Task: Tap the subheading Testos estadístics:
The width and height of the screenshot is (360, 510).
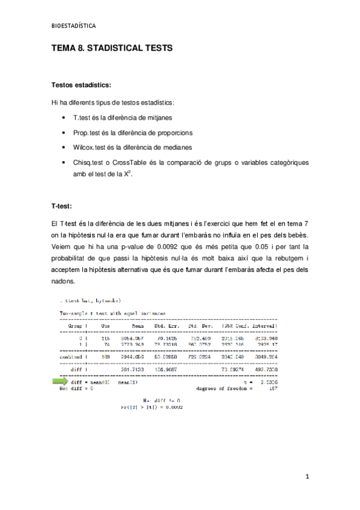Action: point(81,85)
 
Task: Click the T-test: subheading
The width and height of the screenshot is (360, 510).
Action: point(62,206)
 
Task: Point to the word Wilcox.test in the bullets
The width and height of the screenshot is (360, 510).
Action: point(90,147)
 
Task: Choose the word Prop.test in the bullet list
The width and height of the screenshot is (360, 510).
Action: point(88,132)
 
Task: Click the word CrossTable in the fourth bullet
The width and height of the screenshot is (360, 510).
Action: point(131,162)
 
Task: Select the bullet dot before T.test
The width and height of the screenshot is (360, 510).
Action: point(65,118)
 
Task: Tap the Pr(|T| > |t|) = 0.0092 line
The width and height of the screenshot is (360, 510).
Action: point(152,407)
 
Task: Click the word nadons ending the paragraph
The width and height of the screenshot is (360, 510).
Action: point(63,281)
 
